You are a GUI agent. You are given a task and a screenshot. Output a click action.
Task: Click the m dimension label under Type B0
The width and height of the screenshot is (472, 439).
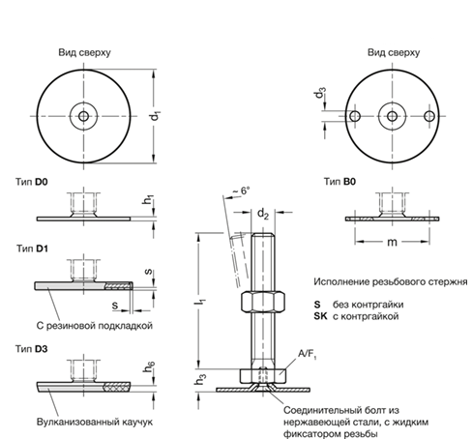click(393, 243)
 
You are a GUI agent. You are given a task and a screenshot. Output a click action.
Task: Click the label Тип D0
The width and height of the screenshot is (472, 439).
click(33, 181)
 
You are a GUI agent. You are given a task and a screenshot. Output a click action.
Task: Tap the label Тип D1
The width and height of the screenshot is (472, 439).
click(33, 249)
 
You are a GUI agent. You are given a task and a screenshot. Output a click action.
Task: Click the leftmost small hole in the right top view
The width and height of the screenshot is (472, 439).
click(355, 116)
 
